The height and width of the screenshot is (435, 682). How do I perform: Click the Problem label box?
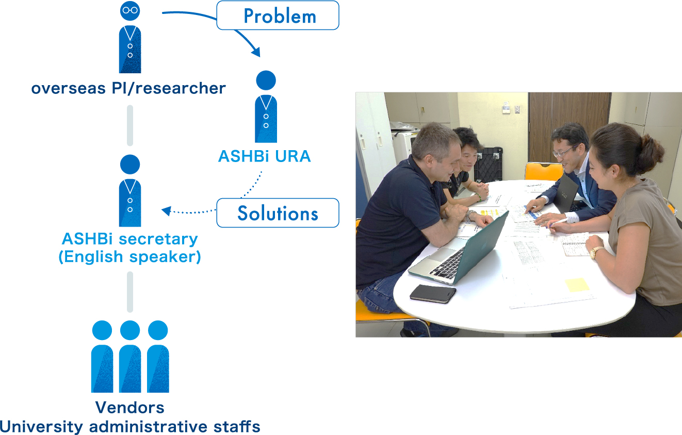278,15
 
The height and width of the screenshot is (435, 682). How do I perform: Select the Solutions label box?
278,213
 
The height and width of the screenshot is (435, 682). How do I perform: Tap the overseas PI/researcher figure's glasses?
130,10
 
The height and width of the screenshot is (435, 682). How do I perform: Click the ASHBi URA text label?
264,156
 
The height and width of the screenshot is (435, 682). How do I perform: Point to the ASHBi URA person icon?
266,107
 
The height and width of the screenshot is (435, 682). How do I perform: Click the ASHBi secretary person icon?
130,191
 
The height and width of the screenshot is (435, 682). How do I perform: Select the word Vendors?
129,408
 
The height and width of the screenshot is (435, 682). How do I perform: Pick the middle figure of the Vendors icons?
130,357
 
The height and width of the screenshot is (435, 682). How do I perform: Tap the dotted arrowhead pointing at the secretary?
166,211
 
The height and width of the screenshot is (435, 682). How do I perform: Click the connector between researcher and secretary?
130,125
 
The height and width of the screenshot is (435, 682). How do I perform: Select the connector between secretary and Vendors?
130,292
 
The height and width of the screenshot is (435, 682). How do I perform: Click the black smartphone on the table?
433,294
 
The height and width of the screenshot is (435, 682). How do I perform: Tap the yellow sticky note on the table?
577,285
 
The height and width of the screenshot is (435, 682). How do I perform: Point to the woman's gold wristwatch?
595,252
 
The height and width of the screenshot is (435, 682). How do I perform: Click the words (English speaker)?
129,257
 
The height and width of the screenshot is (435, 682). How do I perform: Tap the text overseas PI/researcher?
128,88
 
